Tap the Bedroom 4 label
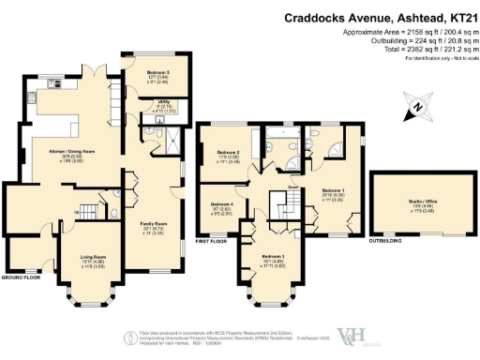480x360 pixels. click(222, 205)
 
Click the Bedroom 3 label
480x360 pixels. click(273, 258)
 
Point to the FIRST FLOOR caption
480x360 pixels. click(212, 241)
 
